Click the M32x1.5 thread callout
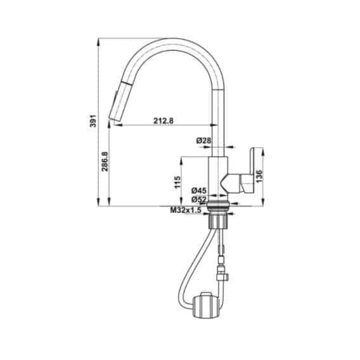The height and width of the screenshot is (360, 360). coord(185,210)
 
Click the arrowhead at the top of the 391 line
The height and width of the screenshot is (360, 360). coord(100,41)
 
